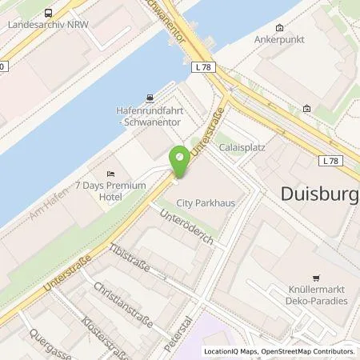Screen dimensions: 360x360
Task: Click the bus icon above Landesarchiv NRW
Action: [50, 12]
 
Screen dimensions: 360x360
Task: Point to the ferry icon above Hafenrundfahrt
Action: [149, 99]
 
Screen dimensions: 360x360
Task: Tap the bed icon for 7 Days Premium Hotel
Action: [110, 174]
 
